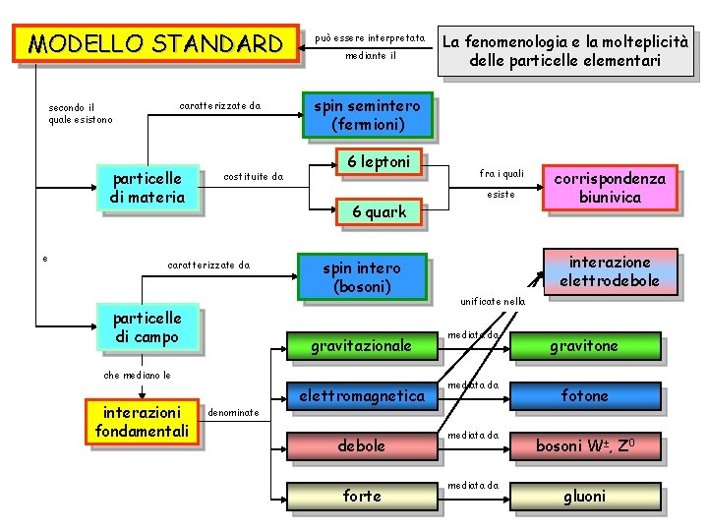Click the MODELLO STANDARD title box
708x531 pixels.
(x=155, y=44)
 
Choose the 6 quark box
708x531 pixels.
(x=379, y=211)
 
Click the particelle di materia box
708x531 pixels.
(x=147, y=188)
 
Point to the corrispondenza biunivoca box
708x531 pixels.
(x=610, y=188)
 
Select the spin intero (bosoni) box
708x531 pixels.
(x=362, y=276)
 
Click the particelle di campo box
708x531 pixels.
(x=147, y=328)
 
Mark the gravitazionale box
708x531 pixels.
(x=361, y=345)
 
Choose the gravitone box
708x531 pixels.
(x=584, y=345)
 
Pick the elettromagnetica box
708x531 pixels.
(x=361, y=396)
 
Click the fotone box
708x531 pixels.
(x=584, y=395)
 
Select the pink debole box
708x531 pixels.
(x=361, y=445)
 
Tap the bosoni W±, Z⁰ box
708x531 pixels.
(x=584, y=445)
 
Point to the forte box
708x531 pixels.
(x=361, y=496)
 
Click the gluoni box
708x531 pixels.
(x=584, y=496)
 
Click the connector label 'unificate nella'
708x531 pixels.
(x=494, y=301)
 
